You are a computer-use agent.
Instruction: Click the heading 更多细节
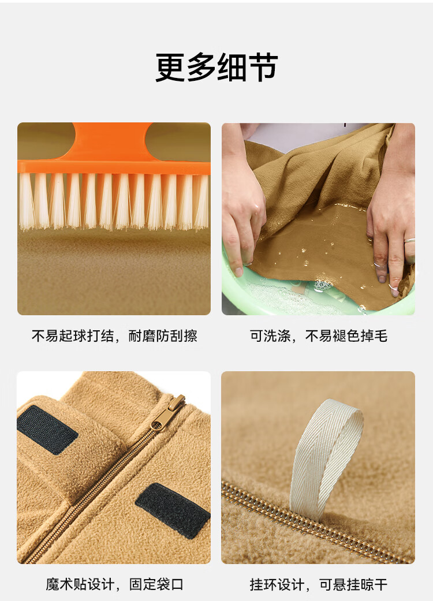point(216,67)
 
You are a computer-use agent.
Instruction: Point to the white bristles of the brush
point(114,201)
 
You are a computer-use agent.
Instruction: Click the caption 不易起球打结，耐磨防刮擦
point(114,336)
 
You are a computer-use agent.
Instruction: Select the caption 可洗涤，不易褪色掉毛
point(319,336)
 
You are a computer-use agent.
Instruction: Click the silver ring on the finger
point(410,241)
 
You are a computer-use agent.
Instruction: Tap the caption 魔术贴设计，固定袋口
point(114,584)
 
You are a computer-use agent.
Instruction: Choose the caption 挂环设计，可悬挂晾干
point(319,584)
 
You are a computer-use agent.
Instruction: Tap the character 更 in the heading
point(170,68)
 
